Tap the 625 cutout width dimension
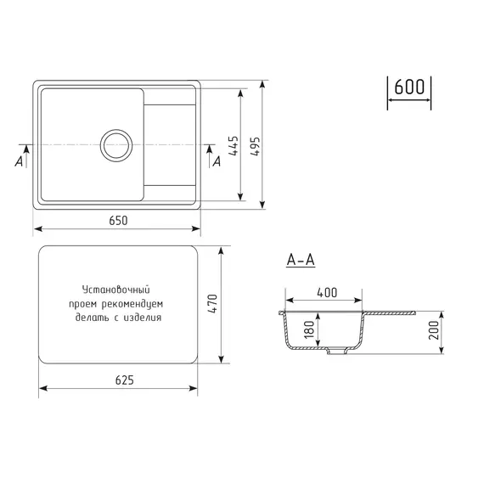point(124,380)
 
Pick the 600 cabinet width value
point(409,87)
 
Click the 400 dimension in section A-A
point(326,292)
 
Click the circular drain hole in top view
point(116,145)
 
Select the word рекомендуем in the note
point(132,303)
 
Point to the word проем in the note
point(85,303)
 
